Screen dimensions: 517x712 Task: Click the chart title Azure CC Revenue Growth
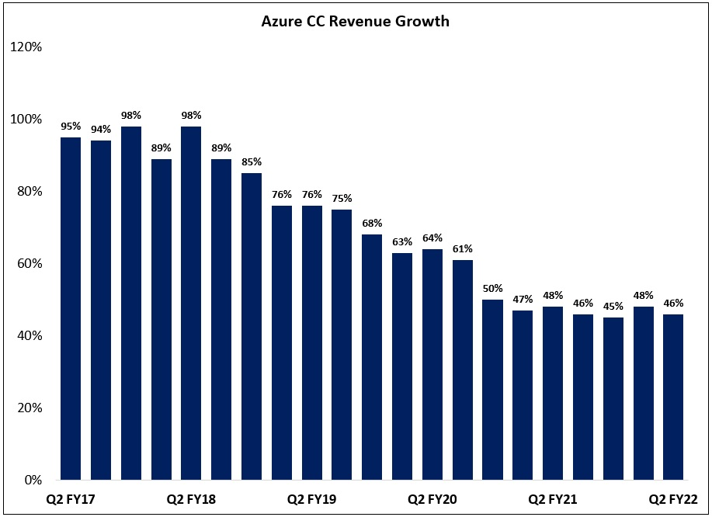(355, 21)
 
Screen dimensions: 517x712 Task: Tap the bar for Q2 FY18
(191, 303)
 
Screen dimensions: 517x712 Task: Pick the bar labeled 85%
(252, 326)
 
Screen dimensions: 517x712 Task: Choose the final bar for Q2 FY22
(673, 397)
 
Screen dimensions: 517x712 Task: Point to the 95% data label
(71, 127)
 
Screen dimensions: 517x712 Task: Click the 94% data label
(101, 130)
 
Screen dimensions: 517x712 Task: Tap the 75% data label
(342, 199)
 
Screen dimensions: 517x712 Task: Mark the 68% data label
(372, 224)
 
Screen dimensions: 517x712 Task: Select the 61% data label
(462, 249)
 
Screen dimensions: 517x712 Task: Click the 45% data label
(613, 307)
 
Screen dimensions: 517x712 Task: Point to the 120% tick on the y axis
(26, 47)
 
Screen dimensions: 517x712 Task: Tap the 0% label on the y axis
(32, 480)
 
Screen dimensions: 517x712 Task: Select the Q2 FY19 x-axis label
(311, 499)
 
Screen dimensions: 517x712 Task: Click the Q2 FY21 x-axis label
(552, 499)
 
